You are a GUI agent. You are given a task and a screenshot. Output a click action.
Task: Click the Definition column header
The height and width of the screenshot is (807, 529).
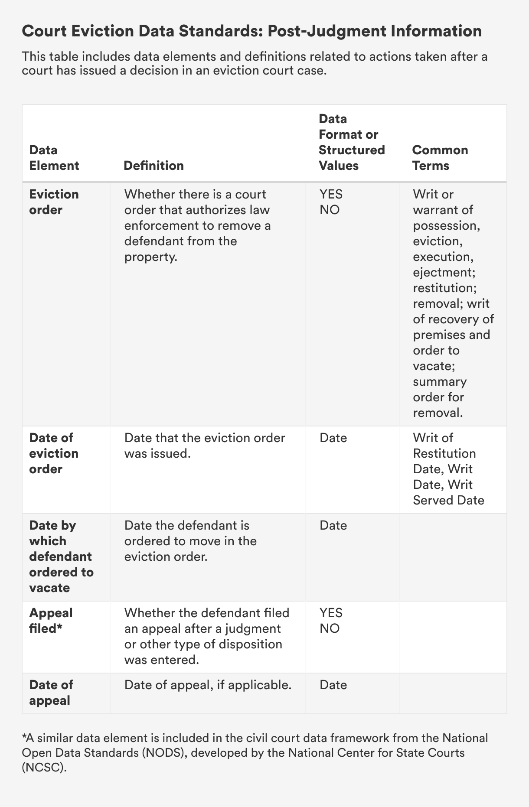tap(153, 166)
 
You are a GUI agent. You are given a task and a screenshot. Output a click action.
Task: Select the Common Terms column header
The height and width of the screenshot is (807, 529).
tap(440, 158)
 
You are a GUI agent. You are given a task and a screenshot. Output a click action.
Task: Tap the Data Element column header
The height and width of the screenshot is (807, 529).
tap(54, 158)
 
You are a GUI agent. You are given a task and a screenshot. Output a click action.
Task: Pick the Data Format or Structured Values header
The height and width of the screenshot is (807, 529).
tap(352, 142)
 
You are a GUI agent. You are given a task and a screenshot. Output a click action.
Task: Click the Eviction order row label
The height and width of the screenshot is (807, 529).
tap(54, 202)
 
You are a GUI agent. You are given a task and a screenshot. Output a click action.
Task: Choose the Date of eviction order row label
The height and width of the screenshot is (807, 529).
tap(54, 453)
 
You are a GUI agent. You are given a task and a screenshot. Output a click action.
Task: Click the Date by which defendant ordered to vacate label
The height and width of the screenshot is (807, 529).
tap(61, 556)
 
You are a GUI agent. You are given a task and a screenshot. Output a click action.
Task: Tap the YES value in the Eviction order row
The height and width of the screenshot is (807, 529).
tap(331, 194)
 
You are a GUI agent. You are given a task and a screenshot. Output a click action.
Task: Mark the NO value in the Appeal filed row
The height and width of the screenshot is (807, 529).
tap(330, 628)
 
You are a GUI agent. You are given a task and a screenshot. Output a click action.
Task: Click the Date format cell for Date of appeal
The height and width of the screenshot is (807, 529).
tap(333, 685)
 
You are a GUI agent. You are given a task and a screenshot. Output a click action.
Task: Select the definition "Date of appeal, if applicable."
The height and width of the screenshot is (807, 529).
tap(208, 685)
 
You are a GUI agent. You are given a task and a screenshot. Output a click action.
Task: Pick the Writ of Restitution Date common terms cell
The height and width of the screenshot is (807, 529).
tap(448, 469)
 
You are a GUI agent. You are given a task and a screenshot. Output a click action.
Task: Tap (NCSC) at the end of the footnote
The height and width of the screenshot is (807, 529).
tap(45, 767)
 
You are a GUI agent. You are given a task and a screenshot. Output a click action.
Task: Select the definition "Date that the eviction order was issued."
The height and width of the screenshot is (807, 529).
tap(205, 446)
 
